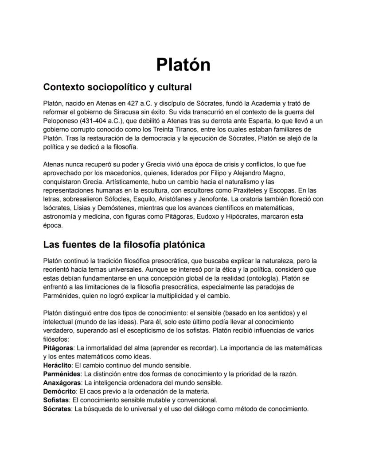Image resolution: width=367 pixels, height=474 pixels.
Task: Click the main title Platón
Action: [183, 65]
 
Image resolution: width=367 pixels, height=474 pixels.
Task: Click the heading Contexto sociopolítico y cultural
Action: [117, 86]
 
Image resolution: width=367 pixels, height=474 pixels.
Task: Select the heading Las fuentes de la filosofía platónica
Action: [124, 244]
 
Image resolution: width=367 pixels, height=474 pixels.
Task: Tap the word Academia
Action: [257, 103]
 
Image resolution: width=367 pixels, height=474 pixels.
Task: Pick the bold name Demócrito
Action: [59, 391]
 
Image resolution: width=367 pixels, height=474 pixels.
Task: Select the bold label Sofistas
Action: [56, 400]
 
